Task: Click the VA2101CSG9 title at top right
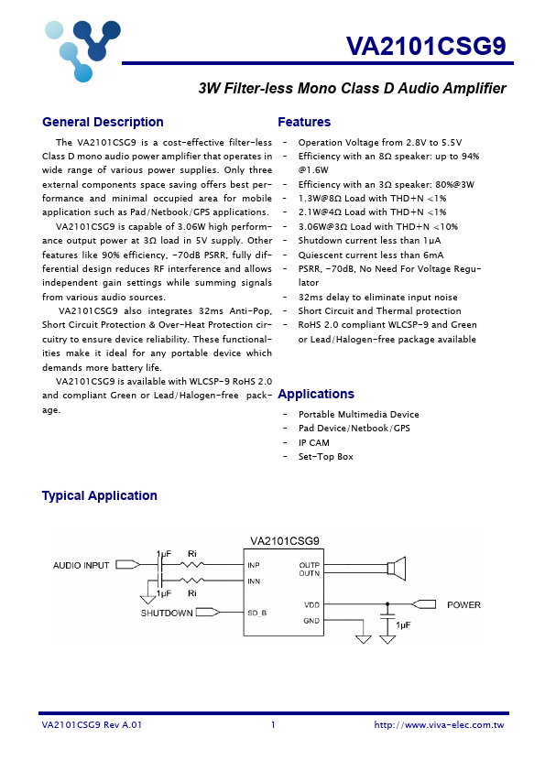[426, 47]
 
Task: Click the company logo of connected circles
[82, 49]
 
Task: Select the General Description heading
[103, 122]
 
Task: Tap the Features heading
[304, 122]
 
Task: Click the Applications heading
[315, 394]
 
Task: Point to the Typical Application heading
[99, 495]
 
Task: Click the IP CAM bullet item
[313, 442]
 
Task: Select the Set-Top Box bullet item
[325, 456]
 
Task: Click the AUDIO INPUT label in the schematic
[81, 565]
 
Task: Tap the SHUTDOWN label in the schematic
[167, 613]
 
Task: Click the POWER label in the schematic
[463, 604]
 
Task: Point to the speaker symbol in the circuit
[396, 569]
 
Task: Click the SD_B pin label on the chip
[257, 612]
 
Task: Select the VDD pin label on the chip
[311, 604]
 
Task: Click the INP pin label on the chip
[254, 565]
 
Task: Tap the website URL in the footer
[439, 725]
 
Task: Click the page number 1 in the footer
[273, 725]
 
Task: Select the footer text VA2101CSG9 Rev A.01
[92, 725]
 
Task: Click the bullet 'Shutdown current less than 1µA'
[369, 240]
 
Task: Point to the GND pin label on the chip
[311, 620]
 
